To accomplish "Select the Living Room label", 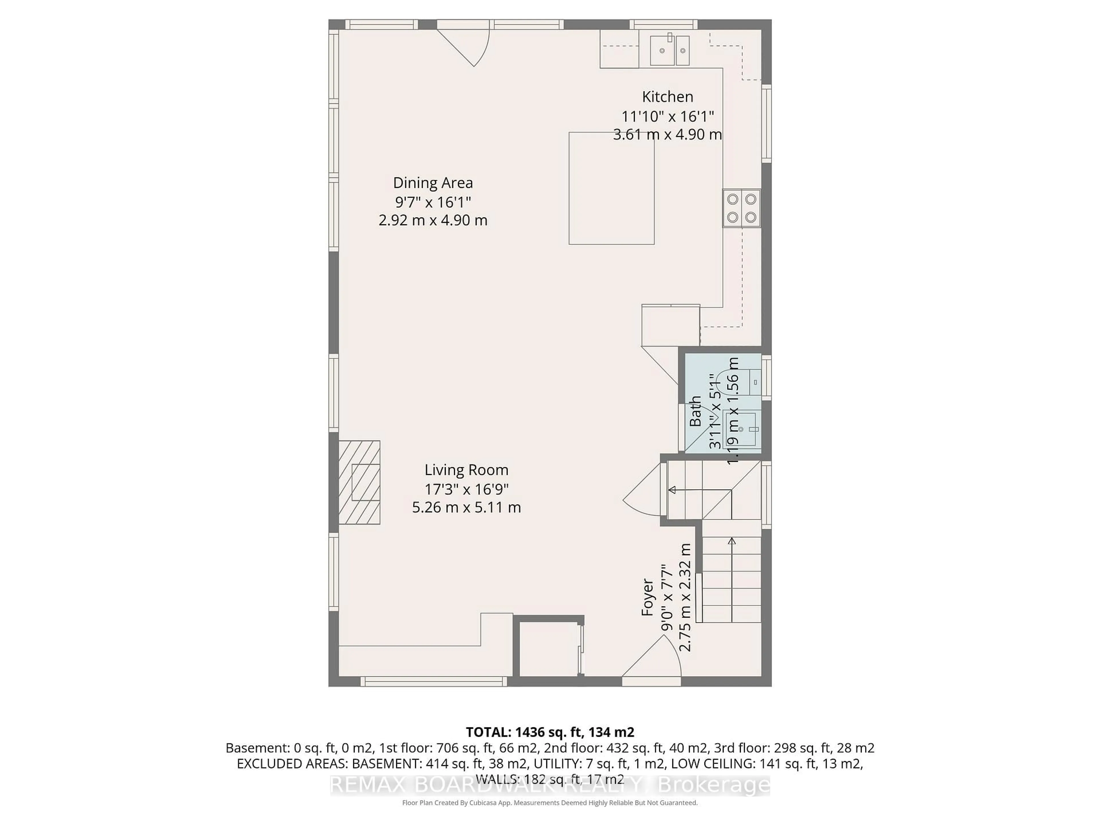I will coord(466,470).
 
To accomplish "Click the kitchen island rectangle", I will coord(611,188).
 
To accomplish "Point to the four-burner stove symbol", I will coord(741,208).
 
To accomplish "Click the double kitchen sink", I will coord(670,50).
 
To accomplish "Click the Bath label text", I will coord(695,411).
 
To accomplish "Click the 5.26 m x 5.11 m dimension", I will coord(466,507).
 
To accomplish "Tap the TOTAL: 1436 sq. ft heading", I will coord(549,732).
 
